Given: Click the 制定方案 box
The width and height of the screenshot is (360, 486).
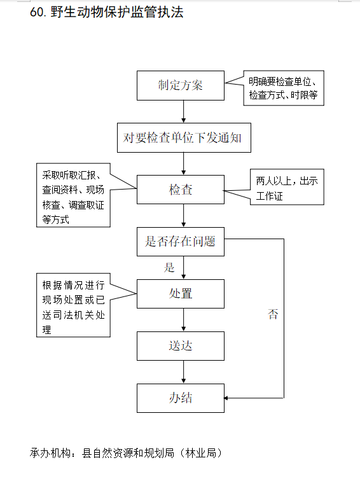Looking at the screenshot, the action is (181, 85).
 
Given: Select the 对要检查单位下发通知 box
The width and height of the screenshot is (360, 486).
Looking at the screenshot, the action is (184, 137).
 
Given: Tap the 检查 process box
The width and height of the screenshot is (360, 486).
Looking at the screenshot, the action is (181, 190).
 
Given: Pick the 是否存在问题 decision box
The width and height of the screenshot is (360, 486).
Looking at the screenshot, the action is (181, 242).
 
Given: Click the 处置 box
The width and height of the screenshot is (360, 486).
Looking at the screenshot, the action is (181, 293).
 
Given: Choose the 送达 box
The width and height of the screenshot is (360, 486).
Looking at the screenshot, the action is (181, 345).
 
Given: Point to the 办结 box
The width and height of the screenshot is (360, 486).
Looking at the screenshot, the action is (181, 398).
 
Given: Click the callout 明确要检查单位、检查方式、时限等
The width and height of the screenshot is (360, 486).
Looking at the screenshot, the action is (284, 88).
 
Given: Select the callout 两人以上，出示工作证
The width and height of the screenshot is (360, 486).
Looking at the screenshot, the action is (287, 187).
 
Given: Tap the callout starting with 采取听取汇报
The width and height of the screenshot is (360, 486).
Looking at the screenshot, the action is (73, 195).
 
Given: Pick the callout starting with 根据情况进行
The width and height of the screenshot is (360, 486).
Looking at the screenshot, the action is (73, 305).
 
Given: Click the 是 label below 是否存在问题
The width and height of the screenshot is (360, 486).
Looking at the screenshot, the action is (169, 267).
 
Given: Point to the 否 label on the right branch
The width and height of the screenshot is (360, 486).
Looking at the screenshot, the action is (273, 314).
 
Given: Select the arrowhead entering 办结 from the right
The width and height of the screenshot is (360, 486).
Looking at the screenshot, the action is (226, 398).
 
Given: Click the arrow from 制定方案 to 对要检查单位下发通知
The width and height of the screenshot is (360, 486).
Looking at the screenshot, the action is (183, 111).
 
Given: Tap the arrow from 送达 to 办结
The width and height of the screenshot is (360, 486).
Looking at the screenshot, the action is (183, 372).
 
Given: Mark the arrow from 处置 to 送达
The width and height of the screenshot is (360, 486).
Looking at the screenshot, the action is (183, 320).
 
